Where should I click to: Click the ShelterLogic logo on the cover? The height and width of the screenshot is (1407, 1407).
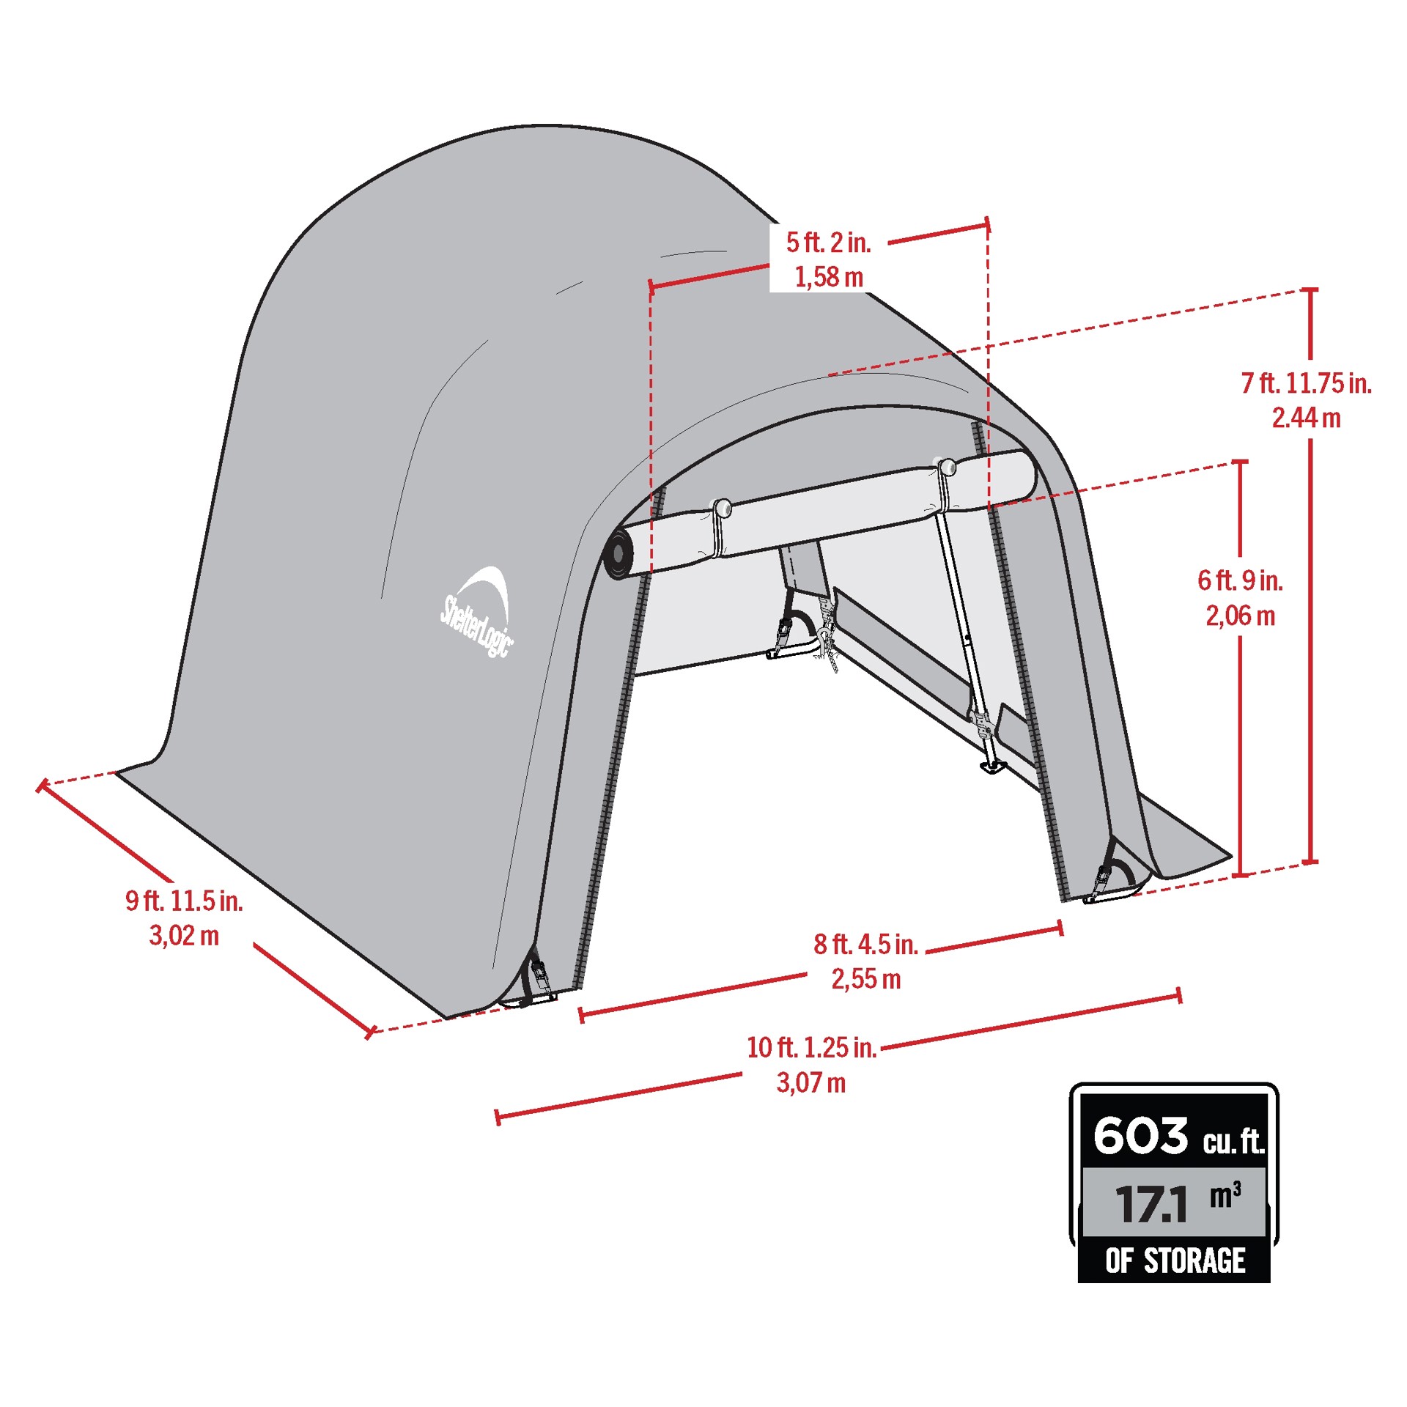pos(477,612)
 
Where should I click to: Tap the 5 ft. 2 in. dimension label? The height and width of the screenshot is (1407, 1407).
pos(828,243)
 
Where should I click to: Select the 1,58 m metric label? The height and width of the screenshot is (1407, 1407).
pos(829,277)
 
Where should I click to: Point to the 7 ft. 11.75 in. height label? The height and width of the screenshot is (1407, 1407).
pos(1307,383)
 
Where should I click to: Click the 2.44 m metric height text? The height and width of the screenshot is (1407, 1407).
pos(1306,418)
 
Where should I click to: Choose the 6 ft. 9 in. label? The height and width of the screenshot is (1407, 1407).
pos(1240,580)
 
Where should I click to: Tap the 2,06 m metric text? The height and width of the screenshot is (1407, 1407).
pos(1241,616)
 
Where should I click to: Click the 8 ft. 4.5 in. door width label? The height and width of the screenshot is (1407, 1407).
pos(865,944)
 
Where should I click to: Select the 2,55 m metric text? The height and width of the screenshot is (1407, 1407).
pos(866,979)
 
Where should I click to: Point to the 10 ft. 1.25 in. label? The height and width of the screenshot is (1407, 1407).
pos(811,1047)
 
